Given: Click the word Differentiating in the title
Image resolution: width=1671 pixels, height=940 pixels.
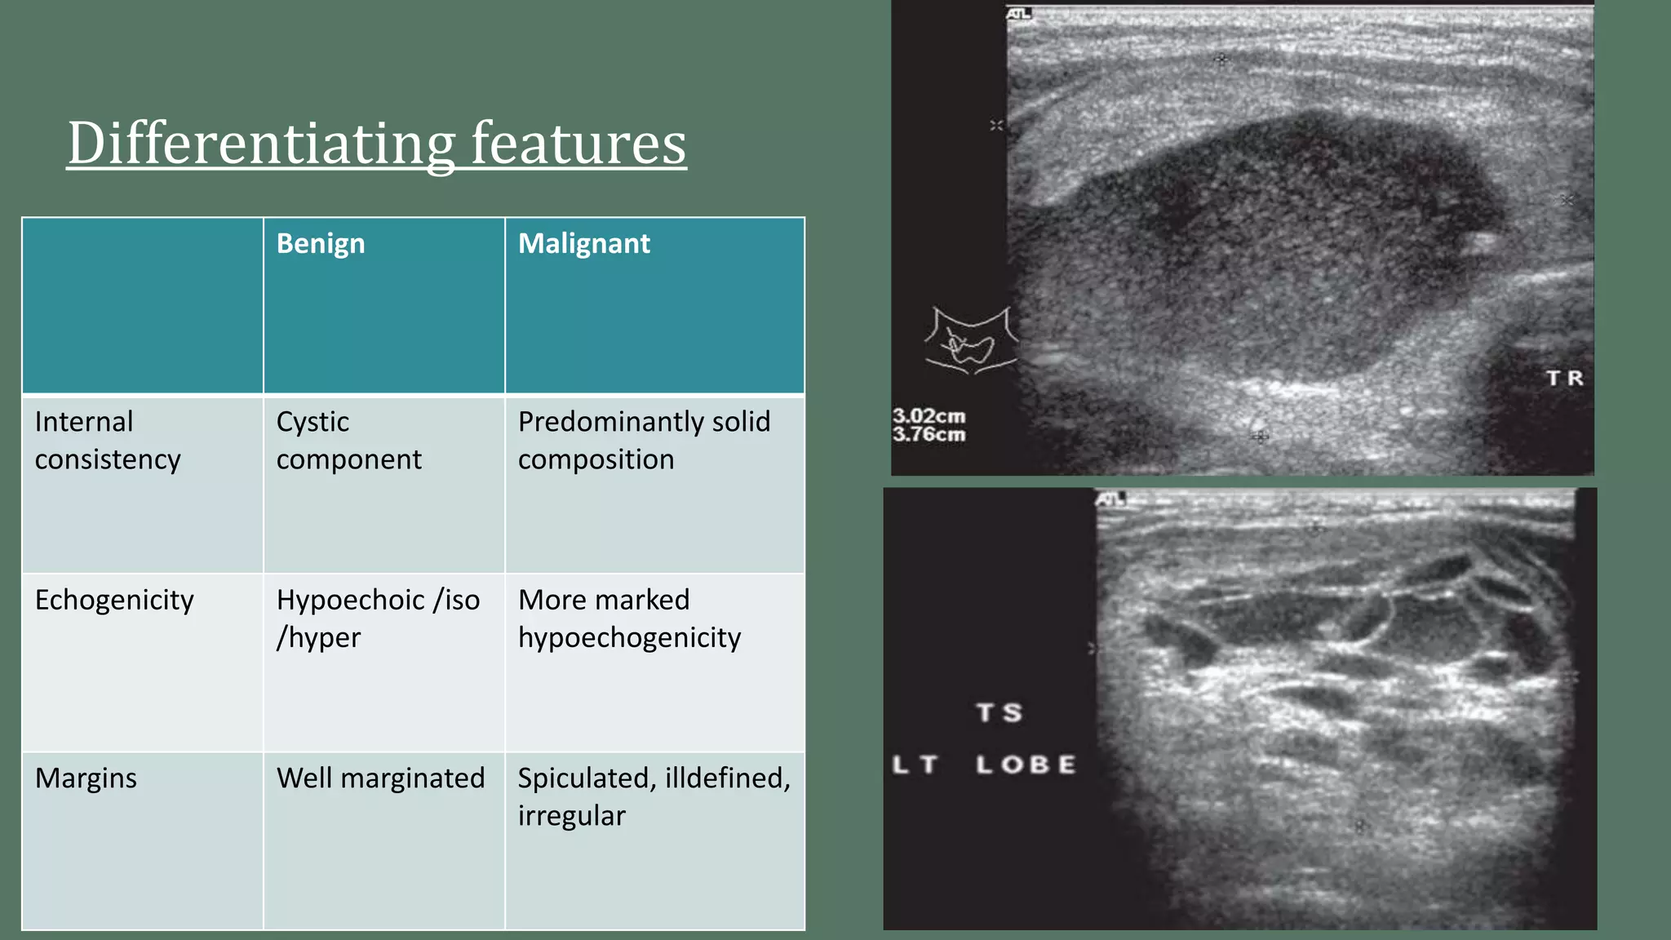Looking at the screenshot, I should tap(260, 144).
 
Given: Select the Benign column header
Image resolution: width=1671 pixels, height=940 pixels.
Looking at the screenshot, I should tap(321, 244).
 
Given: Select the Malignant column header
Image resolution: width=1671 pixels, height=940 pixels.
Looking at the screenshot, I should tap(584, 244).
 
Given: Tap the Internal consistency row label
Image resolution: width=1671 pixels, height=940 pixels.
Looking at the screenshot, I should tap(108, 441).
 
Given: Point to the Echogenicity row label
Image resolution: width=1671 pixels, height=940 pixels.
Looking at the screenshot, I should tap(114, 601).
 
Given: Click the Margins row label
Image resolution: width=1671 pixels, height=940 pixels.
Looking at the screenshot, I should tap(86, 778).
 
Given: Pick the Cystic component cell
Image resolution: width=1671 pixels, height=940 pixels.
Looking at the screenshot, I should tap(348, 441).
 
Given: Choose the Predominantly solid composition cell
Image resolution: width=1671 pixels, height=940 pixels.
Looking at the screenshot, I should tap(644, 441).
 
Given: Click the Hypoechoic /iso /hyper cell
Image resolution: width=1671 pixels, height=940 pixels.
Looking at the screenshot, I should tap(378, 619).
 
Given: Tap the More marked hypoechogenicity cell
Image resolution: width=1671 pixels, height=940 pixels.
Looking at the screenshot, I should tap(629, 619).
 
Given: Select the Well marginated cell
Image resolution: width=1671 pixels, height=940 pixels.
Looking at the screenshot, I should tap(380, 778).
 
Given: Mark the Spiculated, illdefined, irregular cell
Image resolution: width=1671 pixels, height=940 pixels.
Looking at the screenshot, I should tap(654, 796).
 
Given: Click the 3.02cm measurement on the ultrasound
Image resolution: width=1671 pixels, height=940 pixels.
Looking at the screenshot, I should tap(929, 417).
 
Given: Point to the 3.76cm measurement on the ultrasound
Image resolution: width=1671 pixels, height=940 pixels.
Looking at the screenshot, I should tap(929, 435).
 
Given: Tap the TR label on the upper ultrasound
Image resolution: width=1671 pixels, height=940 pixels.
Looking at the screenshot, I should tap(1565, 379).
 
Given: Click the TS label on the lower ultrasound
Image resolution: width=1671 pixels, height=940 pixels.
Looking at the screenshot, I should tap(999, 713).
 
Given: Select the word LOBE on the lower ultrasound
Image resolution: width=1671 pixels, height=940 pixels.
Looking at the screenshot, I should tap(1026, 765).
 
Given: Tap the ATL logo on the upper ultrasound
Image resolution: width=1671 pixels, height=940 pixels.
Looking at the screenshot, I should tap(1018, 14).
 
